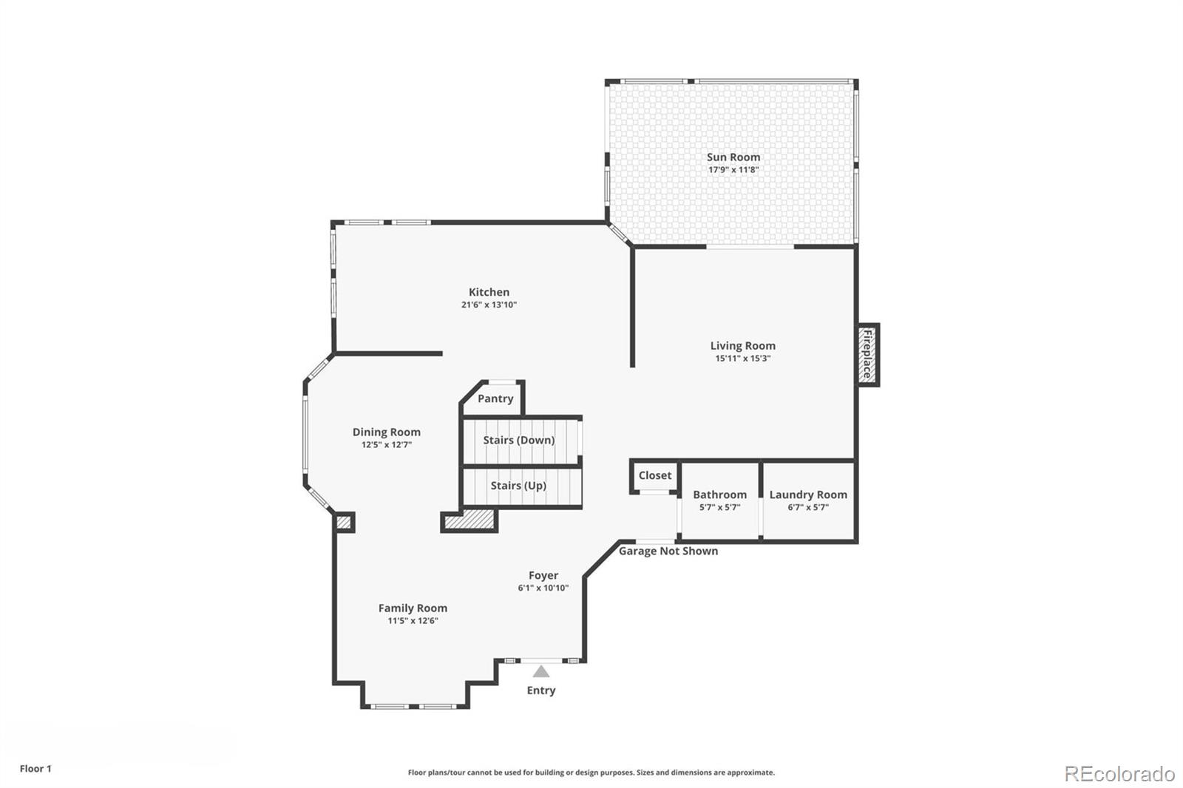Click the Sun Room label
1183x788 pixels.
tap(733, 157)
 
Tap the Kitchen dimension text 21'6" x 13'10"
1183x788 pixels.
tap(489, 305)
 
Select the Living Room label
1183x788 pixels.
tap(742, 345)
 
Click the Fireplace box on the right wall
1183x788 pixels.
tap(867, 355)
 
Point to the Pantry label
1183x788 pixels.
tap(495, 398)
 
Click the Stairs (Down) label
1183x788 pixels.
tap(518, 440)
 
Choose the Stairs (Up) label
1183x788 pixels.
tap(518, 486)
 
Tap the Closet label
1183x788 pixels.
tap(654, 475)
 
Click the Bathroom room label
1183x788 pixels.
tap(719, 495)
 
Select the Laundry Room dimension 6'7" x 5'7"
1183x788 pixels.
tap(807, 507)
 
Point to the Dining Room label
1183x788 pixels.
tap(386, 432)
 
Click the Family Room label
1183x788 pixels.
tap(413, 608)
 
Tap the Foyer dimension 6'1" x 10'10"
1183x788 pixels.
tap(543, 588)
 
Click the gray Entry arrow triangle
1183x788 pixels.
tap(541, 671)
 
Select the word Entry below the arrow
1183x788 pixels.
tap(540, 690)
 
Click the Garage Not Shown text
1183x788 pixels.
tap(668, 551)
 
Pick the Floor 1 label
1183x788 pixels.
tap(35, 769)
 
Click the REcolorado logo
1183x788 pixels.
tap(1119, 773)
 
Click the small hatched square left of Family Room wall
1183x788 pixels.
tap(344, 522)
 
